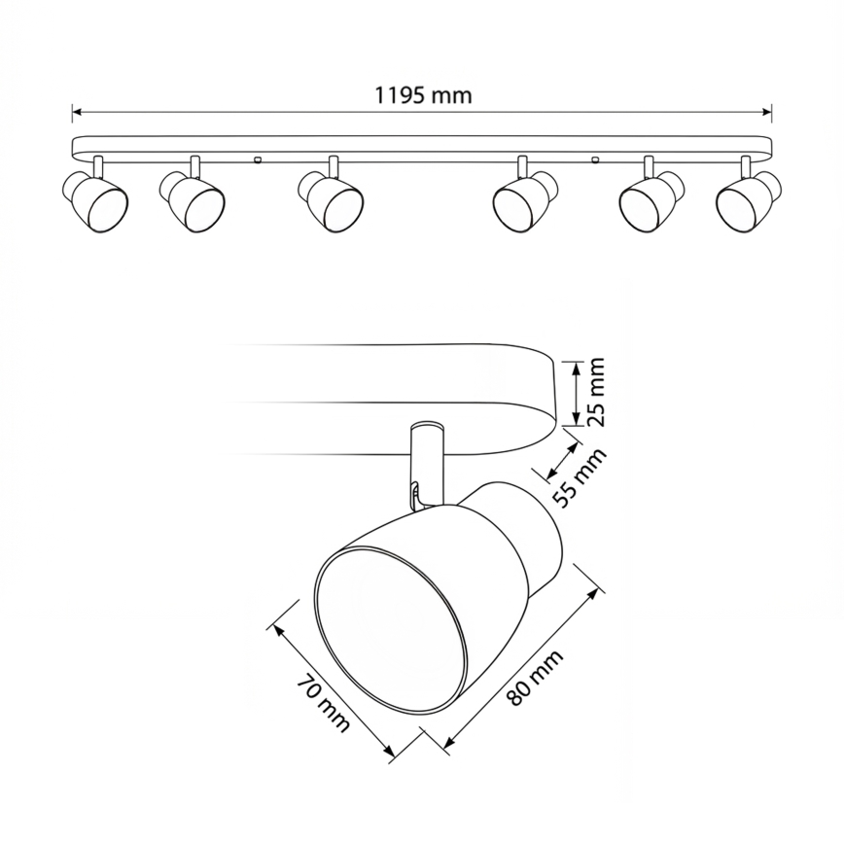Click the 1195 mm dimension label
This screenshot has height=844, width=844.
(x=422, y=95)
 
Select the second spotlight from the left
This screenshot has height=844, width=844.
(x=193, y=200)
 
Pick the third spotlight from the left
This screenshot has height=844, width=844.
(x=331, y=200)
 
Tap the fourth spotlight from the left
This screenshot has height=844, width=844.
(x=525, y=200)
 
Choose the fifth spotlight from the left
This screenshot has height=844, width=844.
(x=652, y=200)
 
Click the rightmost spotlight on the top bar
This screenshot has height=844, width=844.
(x=750, y=200)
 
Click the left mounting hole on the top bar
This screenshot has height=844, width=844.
(x=257, y=158)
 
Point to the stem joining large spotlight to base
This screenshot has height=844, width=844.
(x=426, y=462)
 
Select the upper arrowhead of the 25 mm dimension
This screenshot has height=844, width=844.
(x=575, y=365)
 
